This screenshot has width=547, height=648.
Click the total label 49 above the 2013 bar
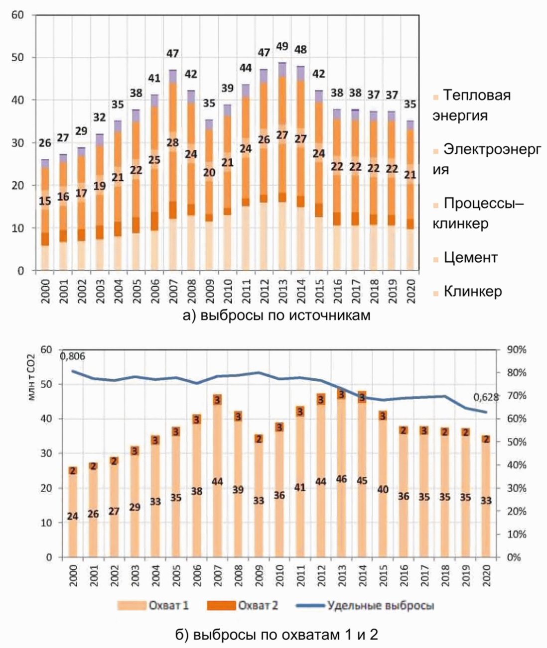[282, 47]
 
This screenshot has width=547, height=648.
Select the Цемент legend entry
[465, 258]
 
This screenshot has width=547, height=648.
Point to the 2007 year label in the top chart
[173, 291]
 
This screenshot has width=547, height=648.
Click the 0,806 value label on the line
[72, 356]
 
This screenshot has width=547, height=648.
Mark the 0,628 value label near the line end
[486, 397]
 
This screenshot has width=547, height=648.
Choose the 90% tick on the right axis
[517, 350]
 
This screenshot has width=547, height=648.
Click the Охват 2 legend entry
[242, 605]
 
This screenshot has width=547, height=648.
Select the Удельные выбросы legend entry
[365, 605]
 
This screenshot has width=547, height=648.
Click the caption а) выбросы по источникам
[276, 316]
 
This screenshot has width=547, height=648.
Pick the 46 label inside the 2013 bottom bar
[341, 479]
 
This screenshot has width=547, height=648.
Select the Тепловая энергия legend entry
[471, 105]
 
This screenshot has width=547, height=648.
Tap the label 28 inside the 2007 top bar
[173, 142]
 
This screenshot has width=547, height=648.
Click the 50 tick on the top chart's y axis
[18, 58]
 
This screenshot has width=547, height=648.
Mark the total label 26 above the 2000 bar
[45, 143]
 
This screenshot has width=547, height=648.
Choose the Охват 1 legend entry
[153, 605]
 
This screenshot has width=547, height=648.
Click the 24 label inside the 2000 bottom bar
[72, 516]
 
